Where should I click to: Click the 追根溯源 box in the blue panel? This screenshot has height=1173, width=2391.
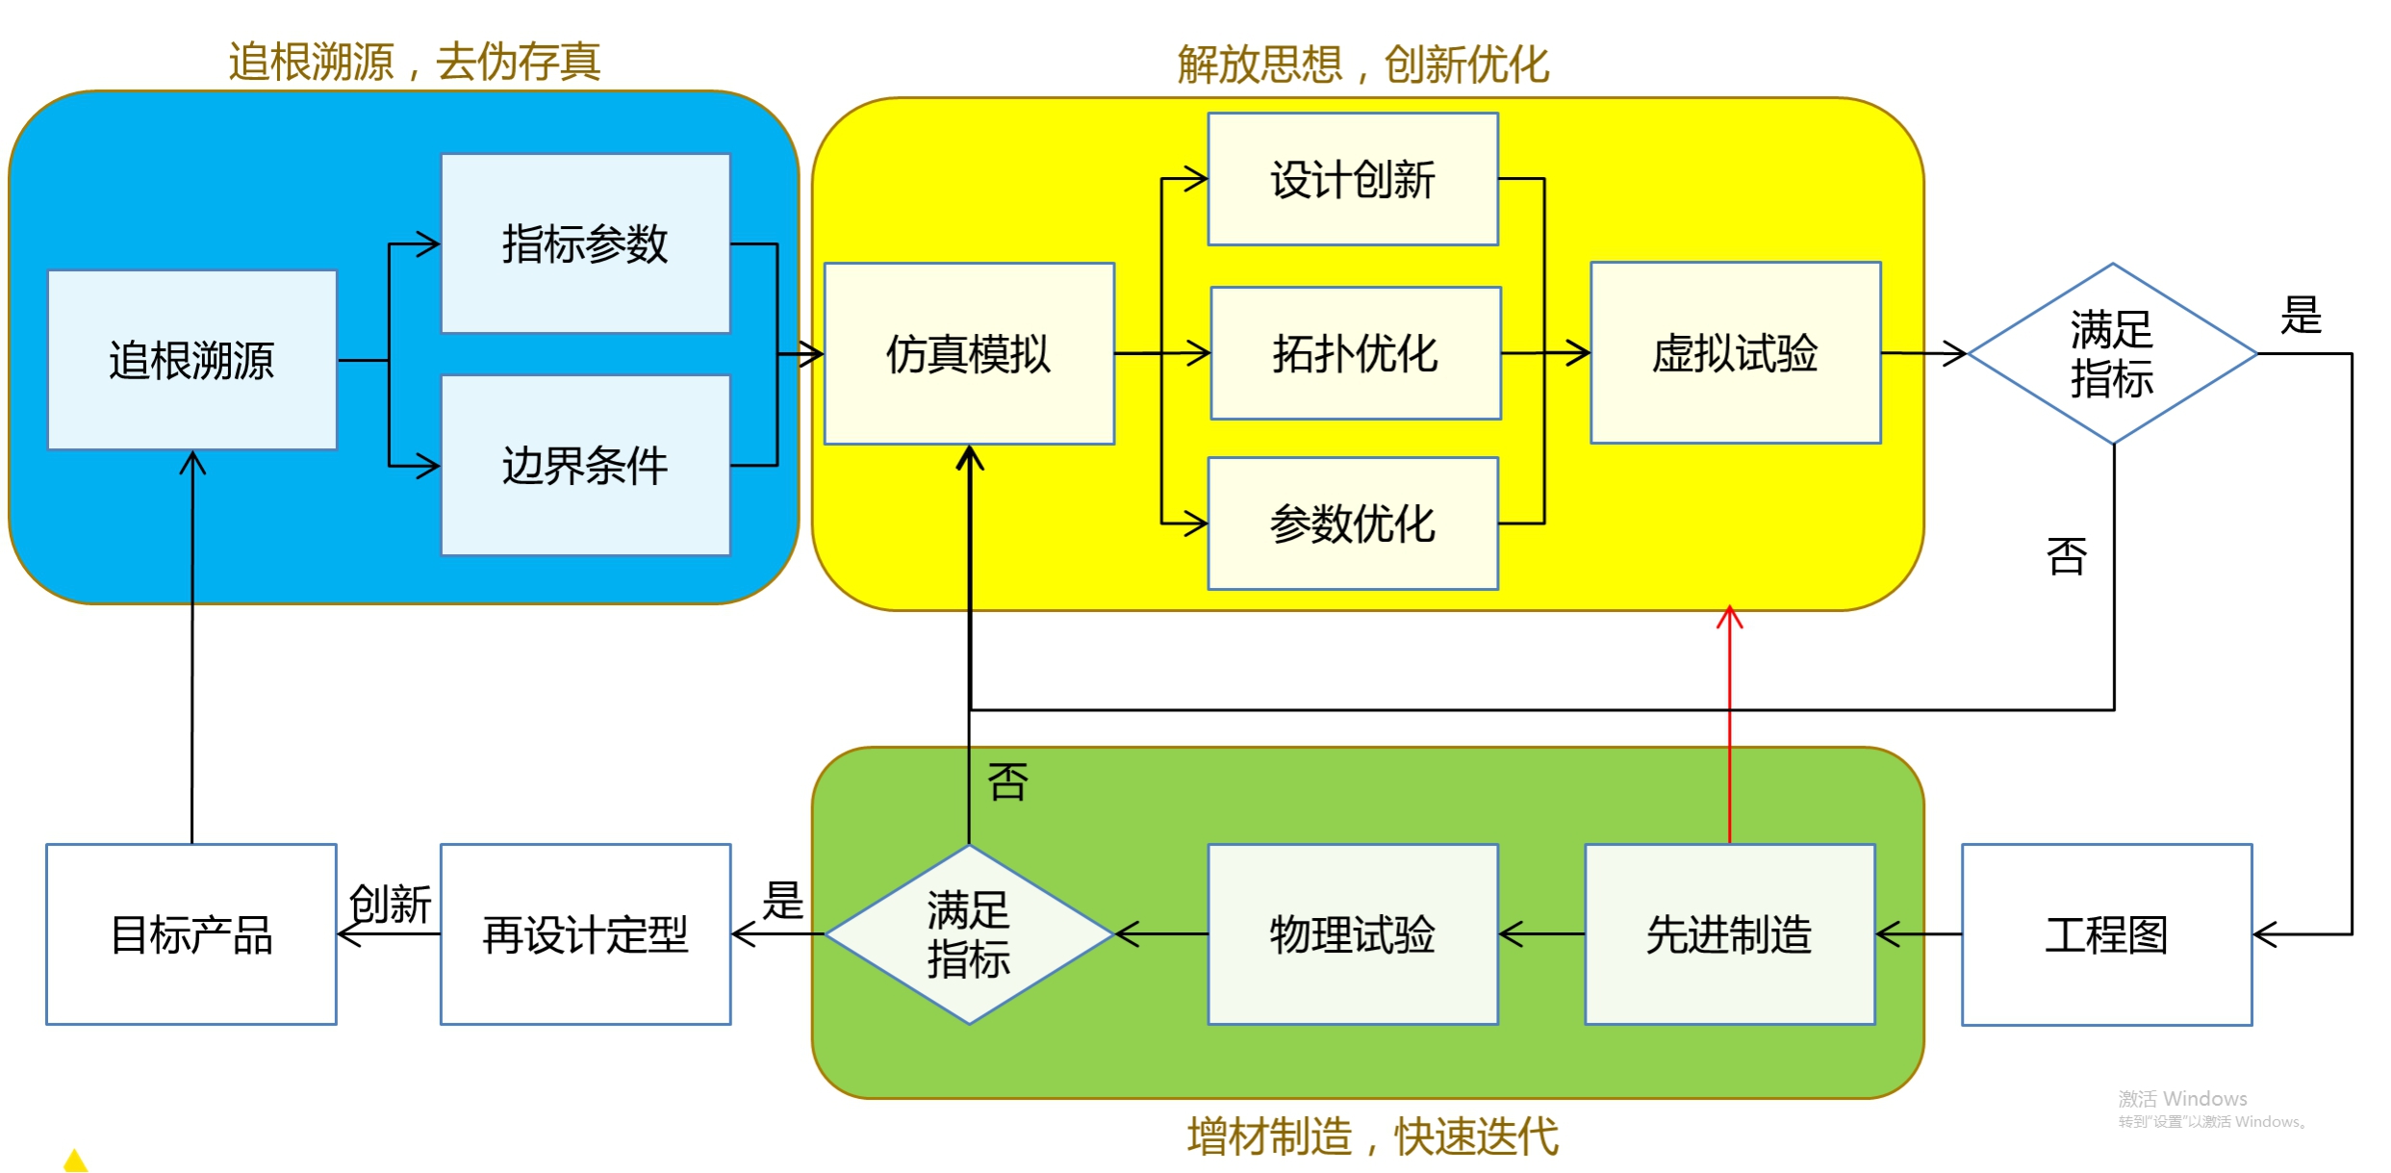click(191, 360)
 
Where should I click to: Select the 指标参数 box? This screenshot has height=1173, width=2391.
click(585, 243)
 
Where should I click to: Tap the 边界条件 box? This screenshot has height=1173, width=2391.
click(585, 466)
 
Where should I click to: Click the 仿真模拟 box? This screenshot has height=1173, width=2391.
click(969, 354)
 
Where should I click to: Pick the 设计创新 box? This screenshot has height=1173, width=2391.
click(1353, 180)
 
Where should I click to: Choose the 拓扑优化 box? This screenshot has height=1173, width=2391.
click(1356, 353)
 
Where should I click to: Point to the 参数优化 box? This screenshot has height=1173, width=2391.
click(1353, 523)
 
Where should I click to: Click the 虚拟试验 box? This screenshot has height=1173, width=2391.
click(1735, 353)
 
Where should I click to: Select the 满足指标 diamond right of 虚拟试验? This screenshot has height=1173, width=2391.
click(2112, 354)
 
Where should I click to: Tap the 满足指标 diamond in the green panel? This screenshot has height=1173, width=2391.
click(969, 934)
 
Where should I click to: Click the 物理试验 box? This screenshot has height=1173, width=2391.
click(1353, 934)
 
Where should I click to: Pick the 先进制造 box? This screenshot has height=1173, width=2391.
click(1729, 934)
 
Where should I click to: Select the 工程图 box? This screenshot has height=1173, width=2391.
click(2106, 934)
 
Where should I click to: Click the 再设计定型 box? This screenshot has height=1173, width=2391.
click(585, 934)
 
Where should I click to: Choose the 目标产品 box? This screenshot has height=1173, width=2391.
click(191, 934)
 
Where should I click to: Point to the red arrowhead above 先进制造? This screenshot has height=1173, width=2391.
click(1730, 617)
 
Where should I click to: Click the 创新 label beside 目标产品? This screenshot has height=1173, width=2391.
click(390, 904)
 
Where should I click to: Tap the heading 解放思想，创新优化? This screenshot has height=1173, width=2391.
click(1363, 65)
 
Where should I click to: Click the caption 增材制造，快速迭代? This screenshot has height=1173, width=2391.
click(1372, 1136)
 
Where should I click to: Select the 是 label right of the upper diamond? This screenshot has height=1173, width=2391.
click(2301, 316)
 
